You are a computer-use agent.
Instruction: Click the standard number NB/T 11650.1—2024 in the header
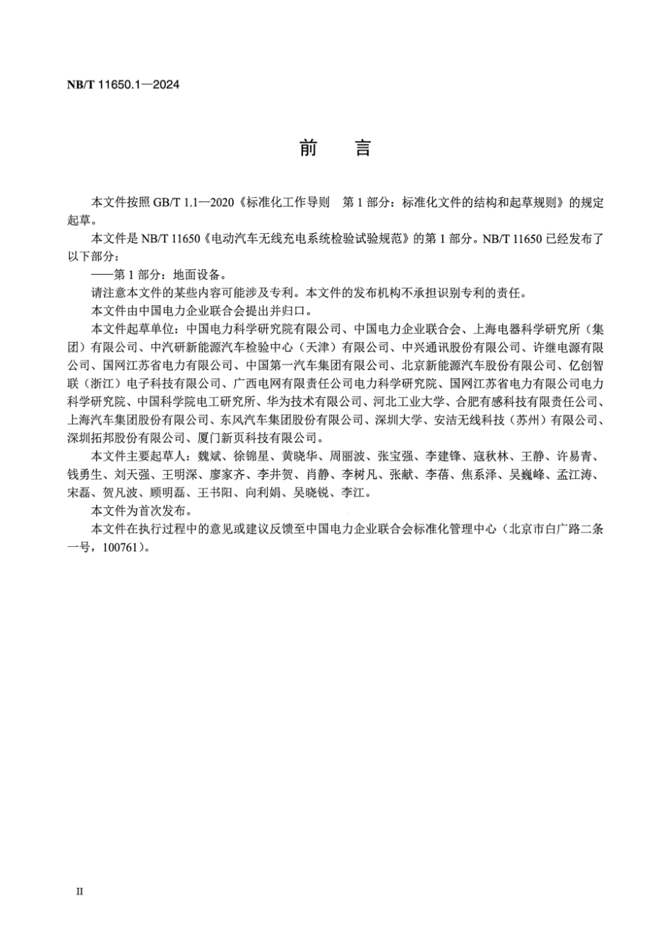point(124,85)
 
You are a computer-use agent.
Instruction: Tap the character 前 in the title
point(309,148)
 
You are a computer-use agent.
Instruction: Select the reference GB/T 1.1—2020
point(196,202)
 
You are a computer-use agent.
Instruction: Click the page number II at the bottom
point(79,892)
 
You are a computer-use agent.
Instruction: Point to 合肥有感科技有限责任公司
point(530,401)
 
